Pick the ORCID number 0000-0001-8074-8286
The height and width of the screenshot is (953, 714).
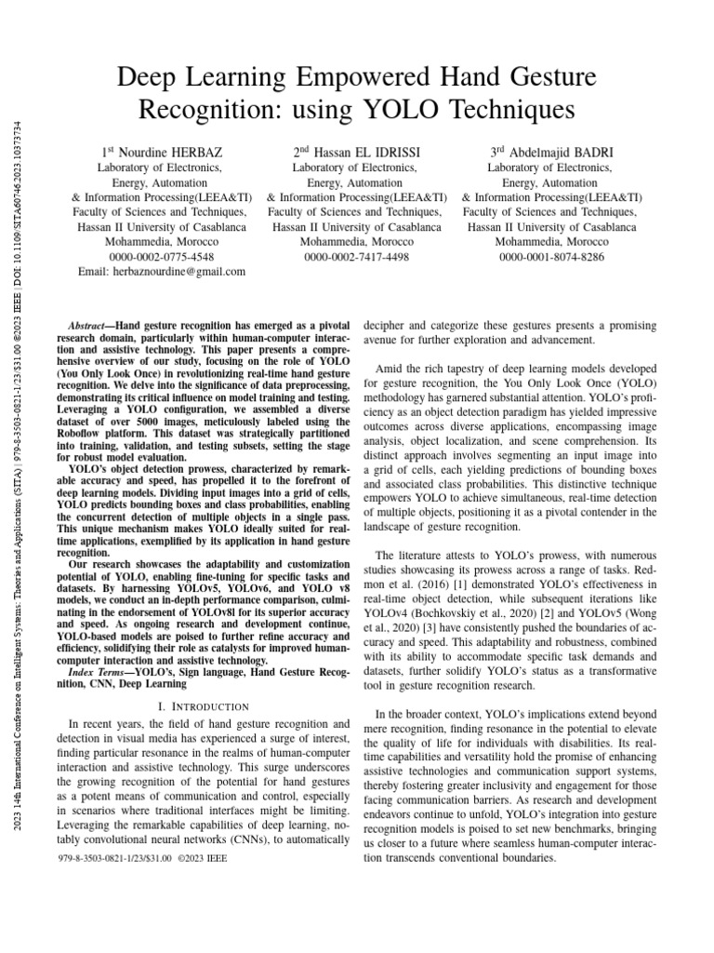[551, 256]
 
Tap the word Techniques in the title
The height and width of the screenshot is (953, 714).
[502, 110]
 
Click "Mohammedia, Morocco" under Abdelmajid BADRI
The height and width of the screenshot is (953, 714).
[551, 241]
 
